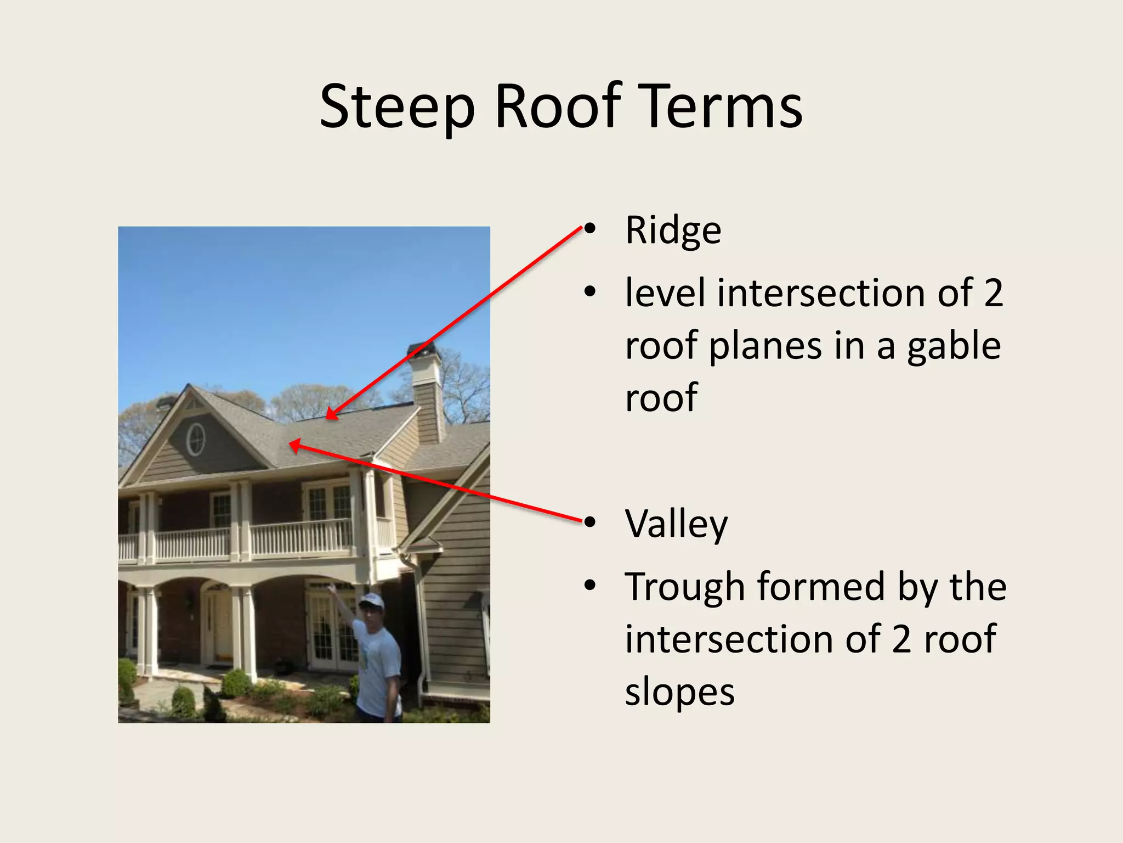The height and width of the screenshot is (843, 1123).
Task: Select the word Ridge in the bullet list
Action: click(x=673, y=231)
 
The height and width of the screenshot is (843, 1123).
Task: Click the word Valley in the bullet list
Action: click(x=676, y=524)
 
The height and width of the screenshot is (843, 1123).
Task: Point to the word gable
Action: click(x=954, y=347)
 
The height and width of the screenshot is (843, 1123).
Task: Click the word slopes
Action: click(x=679, y=693)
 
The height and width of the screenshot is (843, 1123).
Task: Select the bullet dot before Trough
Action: click(x=589, y=586)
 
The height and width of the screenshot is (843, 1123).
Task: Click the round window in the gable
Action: click(x=195, y=440)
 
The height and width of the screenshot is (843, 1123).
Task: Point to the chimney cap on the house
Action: click(x=423, y=349)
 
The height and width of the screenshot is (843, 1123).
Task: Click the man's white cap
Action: click(x=372, y=601)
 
